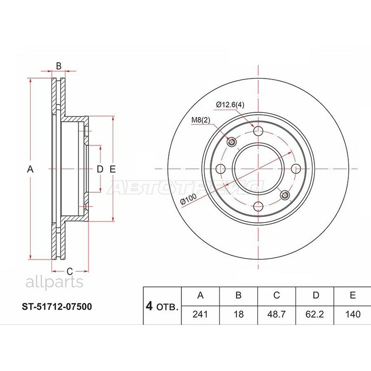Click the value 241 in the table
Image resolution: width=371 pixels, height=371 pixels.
click(x=200, y=314)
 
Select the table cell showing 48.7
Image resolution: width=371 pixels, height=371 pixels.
click(x=276, y=314)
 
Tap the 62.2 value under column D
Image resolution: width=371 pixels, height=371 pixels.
click(x=315, y=314)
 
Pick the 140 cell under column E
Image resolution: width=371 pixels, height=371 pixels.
click(x=352, y=314)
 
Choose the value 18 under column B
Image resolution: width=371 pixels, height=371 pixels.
click(x=238, y=314)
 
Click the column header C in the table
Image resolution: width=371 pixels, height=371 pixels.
click(x=276, y=295)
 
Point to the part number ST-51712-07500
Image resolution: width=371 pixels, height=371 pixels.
click(x=57, y=307)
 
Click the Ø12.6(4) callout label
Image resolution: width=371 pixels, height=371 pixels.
click(x=230, y=104)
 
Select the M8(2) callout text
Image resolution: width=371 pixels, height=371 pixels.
click(x=201, y=120)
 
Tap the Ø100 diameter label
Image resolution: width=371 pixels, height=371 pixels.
click(x=188, y=200)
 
